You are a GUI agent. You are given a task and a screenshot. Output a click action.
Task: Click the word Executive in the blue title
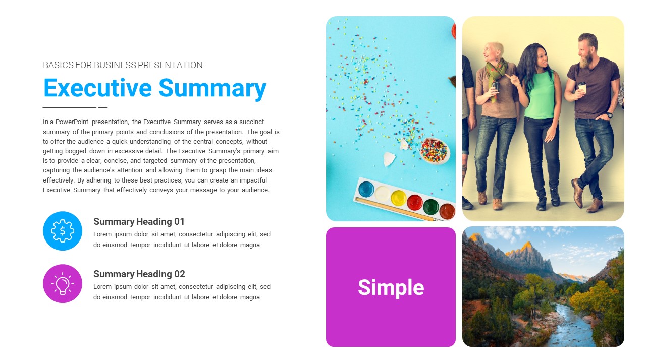click(x=97, y=88)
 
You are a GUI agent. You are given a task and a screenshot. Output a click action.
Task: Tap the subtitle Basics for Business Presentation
click(x=123, y=65)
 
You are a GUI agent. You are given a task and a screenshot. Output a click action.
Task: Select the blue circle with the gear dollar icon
click(x=63, y=231)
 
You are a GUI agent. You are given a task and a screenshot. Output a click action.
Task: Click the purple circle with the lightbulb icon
click(x=63, y=283)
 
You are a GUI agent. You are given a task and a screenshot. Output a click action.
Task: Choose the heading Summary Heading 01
click(x=139, y=221)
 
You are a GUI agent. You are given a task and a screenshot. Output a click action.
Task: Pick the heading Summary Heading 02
click(x=139, y=274)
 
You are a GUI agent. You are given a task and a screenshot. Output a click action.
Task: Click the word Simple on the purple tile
click(x=391, y=287)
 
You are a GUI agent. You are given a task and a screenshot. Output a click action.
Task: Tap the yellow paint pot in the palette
click(x=398, y=197)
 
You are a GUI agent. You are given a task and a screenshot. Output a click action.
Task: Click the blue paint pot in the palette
click(x=366, y=189)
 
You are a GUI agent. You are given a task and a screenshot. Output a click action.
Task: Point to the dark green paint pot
click(x=430, y=207)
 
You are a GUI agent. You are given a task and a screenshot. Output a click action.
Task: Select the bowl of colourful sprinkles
click(x=434, y=150)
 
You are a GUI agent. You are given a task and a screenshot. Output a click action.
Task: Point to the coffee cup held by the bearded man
click(x=582, y=87)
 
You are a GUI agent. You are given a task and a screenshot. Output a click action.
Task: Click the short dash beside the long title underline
click(x=103, y=107)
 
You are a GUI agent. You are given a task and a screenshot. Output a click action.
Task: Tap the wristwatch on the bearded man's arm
click(x=610, y=115)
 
